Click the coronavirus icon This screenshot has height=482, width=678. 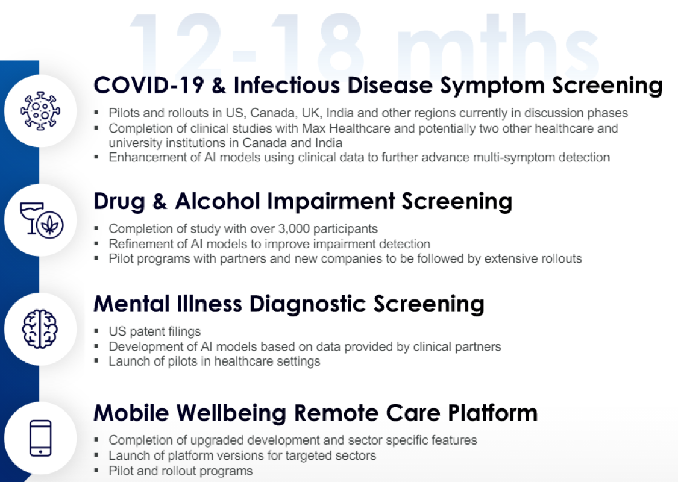[40, 111]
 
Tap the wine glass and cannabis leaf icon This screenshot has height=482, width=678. [42, 220]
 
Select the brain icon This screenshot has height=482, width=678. [40, 329]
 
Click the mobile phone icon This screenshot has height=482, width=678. [40, 438]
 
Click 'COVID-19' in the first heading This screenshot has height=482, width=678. [149, 85]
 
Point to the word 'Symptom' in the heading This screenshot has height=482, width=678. [492, 86]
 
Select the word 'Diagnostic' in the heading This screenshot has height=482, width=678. [308, 304]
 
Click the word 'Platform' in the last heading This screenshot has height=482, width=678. [492, 413]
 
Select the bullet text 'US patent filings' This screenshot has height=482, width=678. [155, 331]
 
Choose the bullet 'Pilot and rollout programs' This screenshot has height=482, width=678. [180, 471]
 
